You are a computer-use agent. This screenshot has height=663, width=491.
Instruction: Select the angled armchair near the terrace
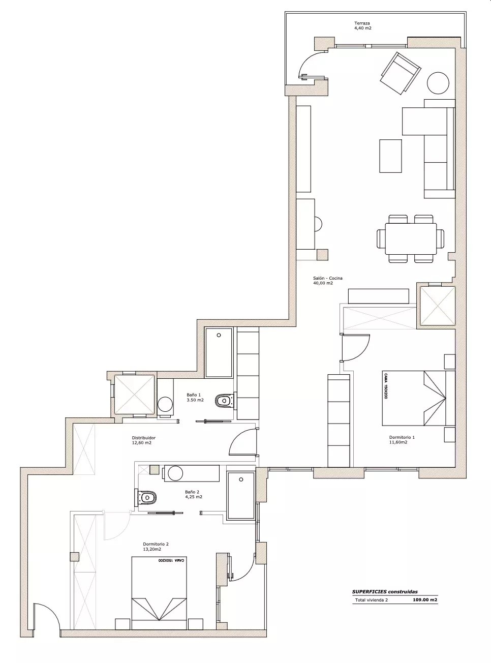(401, 73)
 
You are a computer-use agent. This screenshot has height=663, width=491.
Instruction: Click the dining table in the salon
(411, 238)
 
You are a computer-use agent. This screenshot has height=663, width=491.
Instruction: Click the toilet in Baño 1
(225, 401)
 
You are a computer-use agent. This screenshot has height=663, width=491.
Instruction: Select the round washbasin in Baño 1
(165, 405)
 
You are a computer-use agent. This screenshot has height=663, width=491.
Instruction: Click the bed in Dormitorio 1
(418, 398)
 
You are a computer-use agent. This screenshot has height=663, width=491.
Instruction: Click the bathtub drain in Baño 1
(219, 335)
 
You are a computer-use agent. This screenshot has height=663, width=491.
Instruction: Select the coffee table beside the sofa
(390, 156)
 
